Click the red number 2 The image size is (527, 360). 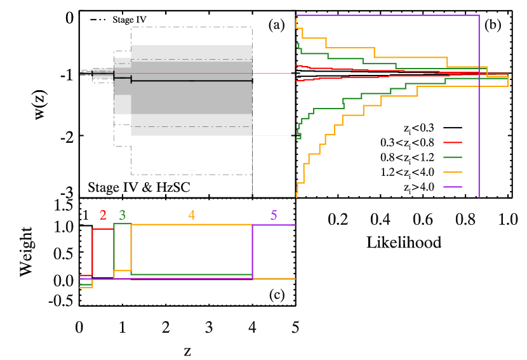point(103,215)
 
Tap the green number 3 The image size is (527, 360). point(123,215)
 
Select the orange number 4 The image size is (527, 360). point(192,215)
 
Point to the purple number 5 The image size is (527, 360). point(274,215)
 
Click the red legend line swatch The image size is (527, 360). point(452,142)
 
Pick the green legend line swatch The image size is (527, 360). point(452,157)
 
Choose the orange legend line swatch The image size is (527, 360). point(452,172)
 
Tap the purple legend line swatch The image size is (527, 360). point(452,187)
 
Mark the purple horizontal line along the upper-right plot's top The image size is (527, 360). point(387,15)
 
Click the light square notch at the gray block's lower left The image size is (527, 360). point(123,104)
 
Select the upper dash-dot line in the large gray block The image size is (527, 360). point(190,60)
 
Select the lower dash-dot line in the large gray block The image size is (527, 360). point(190,127)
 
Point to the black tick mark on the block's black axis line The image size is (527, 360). point(131,79)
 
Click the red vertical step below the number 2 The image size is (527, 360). point(93,251)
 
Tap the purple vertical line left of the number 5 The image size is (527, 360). point(253,251)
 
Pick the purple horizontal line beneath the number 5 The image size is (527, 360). point(274,225)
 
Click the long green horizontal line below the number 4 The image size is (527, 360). point(190,274)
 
